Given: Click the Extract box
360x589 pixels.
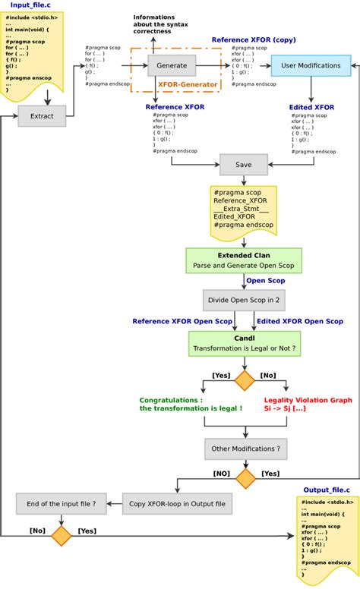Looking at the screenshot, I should coord(42,116).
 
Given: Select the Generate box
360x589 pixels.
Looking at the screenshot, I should coord(172,65).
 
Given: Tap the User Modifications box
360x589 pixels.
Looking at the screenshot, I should coord(311,65).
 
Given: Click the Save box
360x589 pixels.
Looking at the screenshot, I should coord(244,164).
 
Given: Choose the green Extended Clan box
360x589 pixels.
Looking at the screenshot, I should coord(244,260).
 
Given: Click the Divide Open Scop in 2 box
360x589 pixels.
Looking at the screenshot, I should coord(244,301).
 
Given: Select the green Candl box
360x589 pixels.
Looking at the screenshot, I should coord(244,343).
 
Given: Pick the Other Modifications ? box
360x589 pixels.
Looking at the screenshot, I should coord(244,449).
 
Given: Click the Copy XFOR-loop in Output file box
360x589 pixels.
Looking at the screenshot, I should coord(178,502).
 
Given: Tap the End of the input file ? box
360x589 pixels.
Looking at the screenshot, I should coord(62,502).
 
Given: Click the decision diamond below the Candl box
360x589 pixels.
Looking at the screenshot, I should coord(245,380).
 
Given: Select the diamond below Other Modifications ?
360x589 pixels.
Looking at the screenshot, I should coord(245,478).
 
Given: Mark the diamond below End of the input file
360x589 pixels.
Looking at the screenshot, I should coord(61,536).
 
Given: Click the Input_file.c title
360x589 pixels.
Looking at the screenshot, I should coord(30,5).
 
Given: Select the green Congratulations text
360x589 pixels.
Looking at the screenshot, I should coord(191,404).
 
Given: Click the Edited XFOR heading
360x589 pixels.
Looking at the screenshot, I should coord(311,108).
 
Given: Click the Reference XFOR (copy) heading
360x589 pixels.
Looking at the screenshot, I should coord(253,39).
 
